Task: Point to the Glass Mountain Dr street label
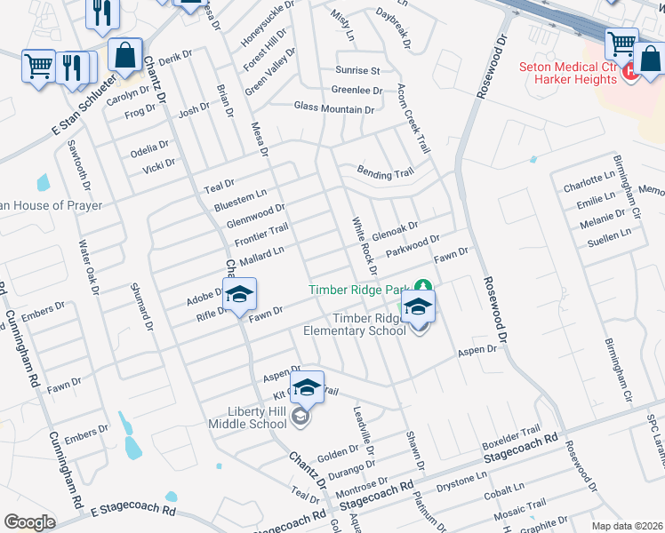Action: coord(334,108)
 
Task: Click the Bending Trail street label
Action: coord(386,173)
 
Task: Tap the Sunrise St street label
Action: coord(357,70)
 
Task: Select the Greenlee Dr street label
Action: coord(357,90)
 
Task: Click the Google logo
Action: coord(29,521)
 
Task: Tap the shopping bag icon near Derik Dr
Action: coord(126,54)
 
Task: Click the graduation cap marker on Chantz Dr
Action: coord(239,297)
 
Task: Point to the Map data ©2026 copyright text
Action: coord(626,526)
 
